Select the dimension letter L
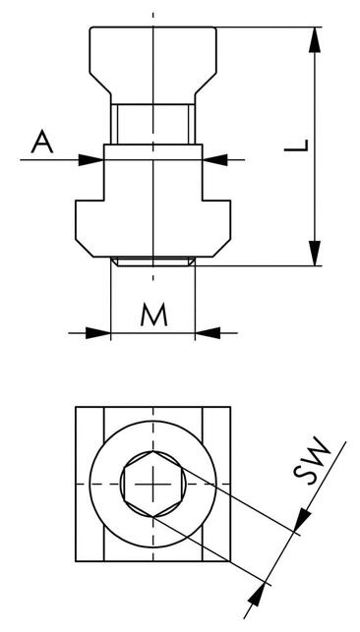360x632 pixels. point(302,147)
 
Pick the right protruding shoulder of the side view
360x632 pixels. point(218,222)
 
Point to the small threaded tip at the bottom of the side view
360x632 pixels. point(153,261)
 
